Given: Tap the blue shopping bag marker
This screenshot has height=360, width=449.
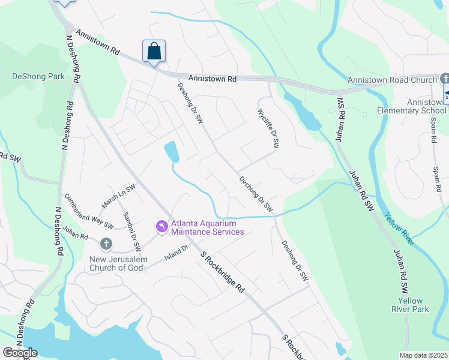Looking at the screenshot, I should click(154, 51).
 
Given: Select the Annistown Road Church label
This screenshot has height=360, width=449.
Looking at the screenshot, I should click(392, 80).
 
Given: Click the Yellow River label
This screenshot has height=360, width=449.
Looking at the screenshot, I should click(399, 229).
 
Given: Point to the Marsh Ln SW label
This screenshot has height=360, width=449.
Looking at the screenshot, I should click(118, 196).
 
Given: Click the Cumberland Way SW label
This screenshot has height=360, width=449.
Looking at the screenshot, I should click(89, 211).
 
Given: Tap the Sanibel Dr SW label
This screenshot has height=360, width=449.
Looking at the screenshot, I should click(131, 231).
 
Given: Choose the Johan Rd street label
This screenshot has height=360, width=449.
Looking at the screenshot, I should click(75, 232).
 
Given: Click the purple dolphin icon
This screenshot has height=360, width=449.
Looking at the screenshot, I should click(161, 227).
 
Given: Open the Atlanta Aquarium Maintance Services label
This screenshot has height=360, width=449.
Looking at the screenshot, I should click(208, 227).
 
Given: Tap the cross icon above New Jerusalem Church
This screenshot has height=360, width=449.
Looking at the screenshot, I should click(106, 244).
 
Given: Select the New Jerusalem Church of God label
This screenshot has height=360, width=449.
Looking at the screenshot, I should click(116, 263).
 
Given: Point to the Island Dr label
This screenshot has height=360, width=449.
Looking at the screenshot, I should click(176, 254).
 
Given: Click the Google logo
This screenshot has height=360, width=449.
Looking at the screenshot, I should click(20, 353).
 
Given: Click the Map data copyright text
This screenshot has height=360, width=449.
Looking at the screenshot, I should click(423, 355).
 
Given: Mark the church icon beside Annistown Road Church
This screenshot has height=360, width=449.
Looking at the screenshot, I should click(445, 79).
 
